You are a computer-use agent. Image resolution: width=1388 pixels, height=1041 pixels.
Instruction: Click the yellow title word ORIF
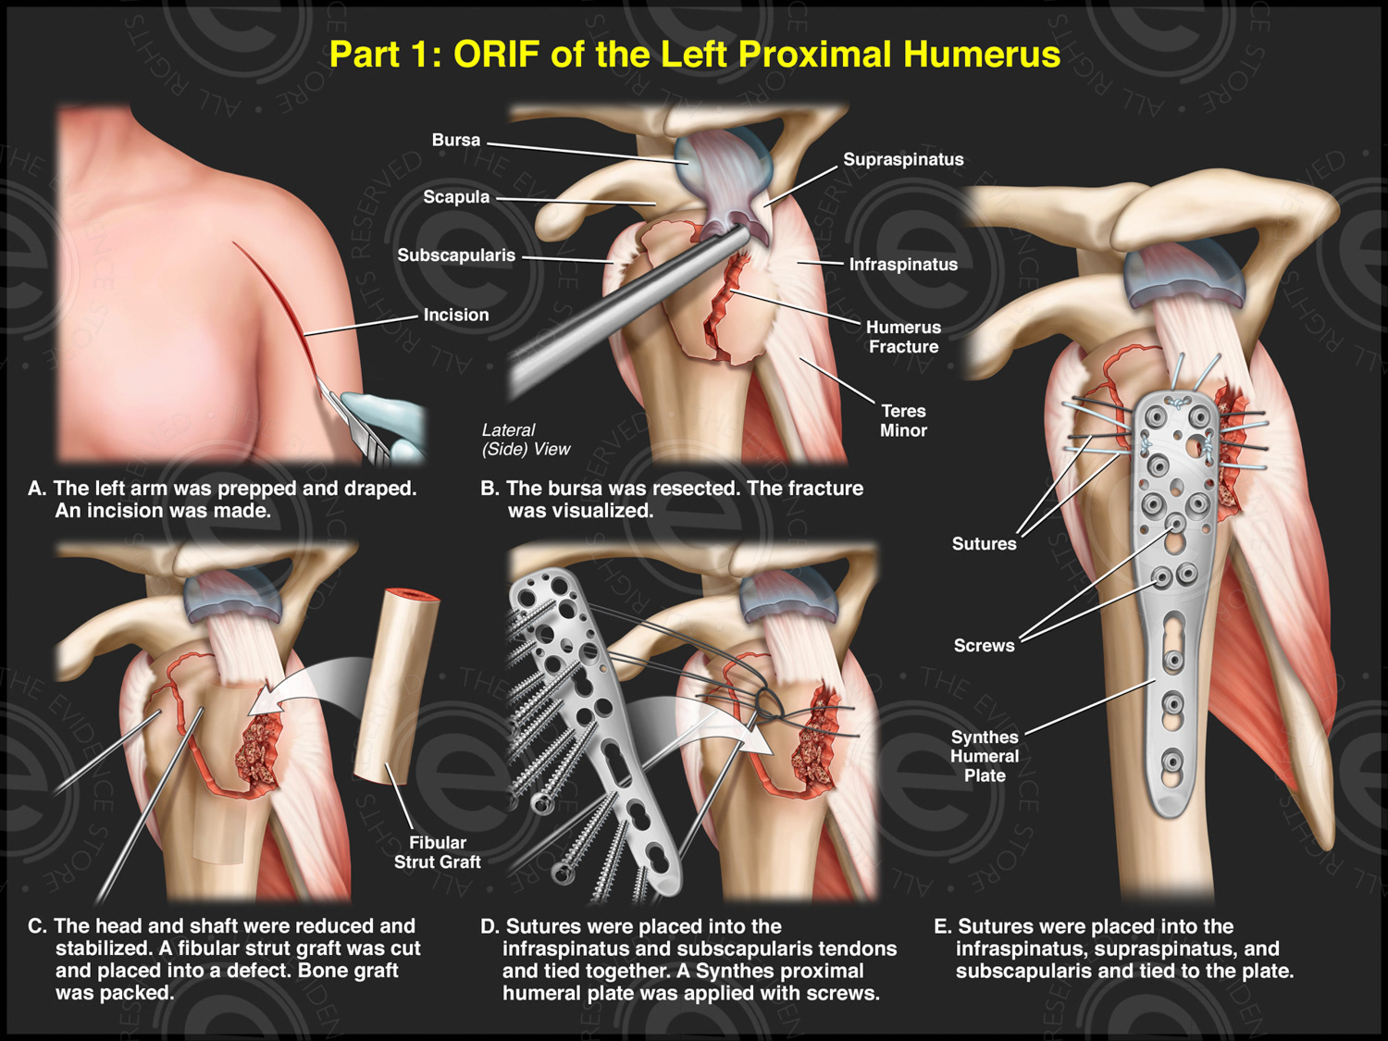[x=496, y=55]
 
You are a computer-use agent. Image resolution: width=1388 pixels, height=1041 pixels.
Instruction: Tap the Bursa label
[x=456, y=141]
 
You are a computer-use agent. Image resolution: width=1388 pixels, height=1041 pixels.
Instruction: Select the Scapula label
[x=456, y=197]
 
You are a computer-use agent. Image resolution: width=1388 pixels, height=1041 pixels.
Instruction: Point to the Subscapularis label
[x=456, y=255]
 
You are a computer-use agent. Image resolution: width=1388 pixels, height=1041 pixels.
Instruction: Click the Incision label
[x=456, y=316]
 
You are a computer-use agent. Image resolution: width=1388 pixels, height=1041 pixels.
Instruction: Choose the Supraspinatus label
[x=903, y=160]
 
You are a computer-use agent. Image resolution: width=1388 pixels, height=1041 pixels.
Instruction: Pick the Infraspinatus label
[x=903, y=265]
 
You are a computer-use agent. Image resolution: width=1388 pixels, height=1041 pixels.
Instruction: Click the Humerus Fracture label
[x=903, y=337]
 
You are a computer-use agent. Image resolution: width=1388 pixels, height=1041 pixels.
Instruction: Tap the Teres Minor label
[x=903, y=421]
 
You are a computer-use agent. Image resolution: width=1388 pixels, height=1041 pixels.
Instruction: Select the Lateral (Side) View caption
[x=525, y=440]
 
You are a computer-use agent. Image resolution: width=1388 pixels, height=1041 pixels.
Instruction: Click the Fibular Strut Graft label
[x=437, y=852]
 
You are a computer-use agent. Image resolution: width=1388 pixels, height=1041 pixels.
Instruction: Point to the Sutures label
[x=984, y=544]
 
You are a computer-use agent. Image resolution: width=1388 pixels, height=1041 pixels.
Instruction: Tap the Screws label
[x=984, y=646]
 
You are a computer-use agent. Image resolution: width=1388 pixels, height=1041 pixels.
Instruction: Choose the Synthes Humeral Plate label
[x=985, y=756]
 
